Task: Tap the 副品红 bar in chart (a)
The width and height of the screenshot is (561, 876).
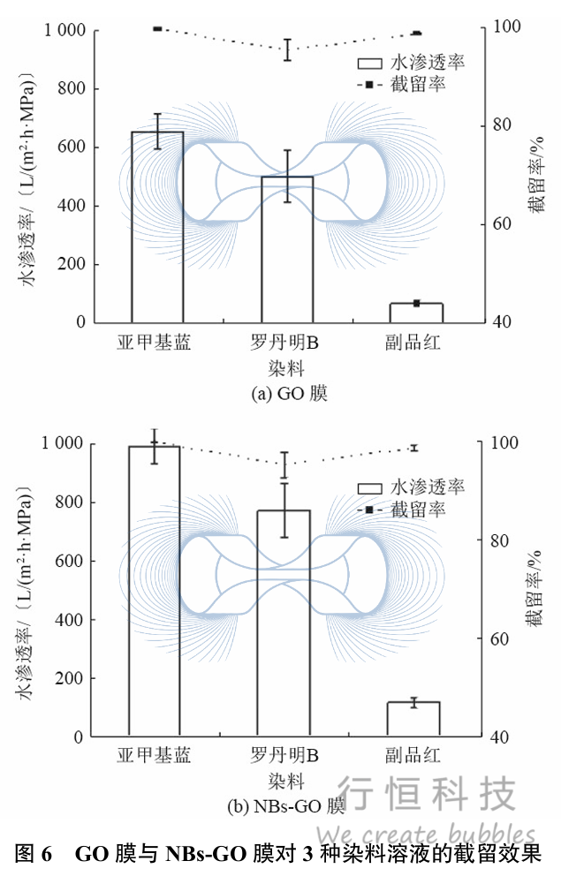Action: point(416,313)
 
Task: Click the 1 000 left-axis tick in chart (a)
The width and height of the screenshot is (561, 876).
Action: point(65,31)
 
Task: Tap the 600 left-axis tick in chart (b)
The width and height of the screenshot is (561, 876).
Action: point(71,561)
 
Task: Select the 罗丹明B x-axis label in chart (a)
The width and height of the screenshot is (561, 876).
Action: point(286,341)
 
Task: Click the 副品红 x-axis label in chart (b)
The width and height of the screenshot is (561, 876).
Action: point(413,756)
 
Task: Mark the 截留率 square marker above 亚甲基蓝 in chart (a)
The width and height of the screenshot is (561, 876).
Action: point(157,29)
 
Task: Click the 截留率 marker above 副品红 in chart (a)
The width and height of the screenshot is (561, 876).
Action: point(417,34)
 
